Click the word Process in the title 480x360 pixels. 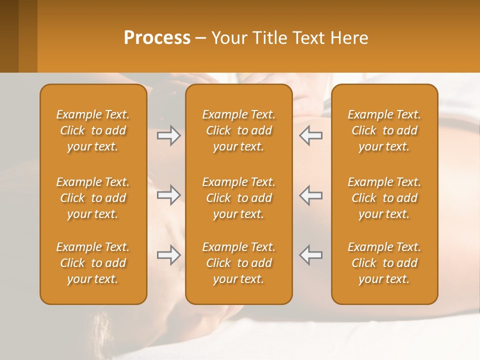pos(157,38)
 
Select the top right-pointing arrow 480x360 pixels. pos(168,135)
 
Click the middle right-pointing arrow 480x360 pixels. pos(168,195)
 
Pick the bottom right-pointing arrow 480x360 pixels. pos(168,255)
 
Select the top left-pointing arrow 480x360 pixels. pos(311,135)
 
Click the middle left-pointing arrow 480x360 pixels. pos(311,195)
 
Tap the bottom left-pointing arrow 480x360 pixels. pos(311,255)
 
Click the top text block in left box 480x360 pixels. pos(93,130)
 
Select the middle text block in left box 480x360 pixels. pos(93,198)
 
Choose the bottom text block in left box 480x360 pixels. pos(93,263)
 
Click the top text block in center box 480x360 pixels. pos(238,130)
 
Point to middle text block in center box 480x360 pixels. pos(238,198)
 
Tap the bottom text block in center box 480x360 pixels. pos(238,263)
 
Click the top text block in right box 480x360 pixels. pos(384,130)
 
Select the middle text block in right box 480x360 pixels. pos(384,198)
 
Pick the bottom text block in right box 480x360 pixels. pos(384,263)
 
